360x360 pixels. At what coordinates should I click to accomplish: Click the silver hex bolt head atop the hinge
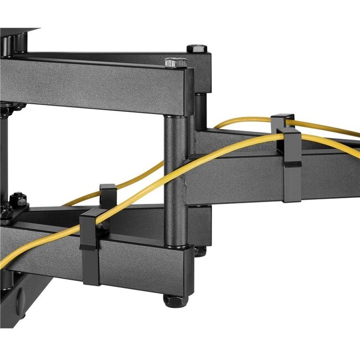click(176, 62)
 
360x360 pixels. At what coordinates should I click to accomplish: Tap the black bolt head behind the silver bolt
click(197, 49)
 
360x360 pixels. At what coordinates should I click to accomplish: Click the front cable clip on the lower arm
click(90, 246)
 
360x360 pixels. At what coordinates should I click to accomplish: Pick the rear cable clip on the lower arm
click(107, 194)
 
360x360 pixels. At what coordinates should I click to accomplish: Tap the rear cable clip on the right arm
click(282, 120)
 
